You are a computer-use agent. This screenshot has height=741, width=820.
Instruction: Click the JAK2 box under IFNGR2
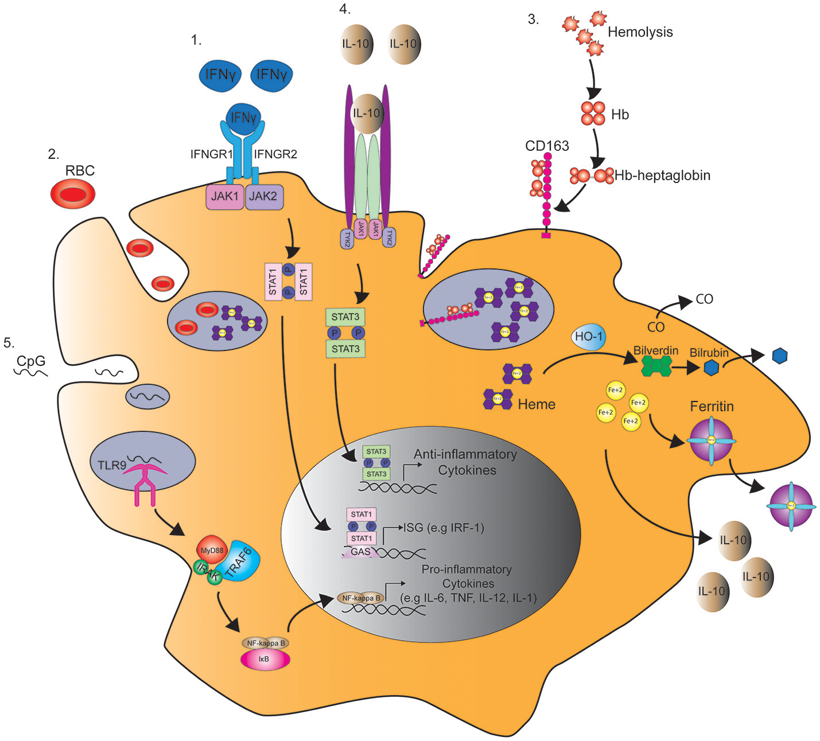[x=263, y=196]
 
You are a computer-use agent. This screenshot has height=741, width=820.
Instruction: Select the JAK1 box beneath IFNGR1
[x=225, y=196]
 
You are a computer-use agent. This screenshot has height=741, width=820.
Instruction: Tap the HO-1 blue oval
[x=589, y=337]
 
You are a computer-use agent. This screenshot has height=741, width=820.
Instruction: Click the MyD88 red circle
[x=212, y=551]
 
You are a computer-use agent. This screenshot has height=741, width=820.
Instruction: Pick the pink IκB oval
[x=265, y=660]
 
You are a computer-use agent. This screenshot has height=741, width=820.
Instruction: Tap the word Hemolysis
[x=640, y=32]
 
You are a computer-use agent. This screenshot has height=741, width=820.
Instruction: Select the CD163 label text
[x=547, y=146]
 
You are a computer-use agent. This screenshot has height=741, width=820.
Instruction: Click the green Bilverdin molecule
[x=656, y=365]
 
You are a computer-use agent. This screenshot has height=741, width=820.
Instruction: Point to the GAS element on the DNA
[x=360, y=552]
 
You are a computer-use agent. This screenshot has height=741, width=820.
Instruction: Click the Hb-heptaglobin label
[x=662, y=175]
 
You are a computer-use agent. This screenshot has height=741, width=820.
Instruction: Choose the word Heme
[x=537, y=404]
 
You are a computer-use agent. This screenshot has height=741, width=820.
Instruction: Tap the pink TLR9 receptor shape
[x=146, y=482]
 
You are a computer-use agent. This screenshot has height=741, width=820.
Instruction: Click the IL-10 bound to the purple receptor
[x=367, y=114]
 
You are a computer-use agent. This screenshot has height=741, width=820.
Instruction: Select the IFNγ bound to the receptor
[x=243, y=118]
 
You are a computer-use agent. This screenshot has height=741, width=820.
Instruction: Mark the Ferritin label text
[x=712, y=407]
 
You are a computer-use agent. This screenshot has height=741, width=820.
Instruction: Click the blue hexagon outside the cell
[x=779, y=356]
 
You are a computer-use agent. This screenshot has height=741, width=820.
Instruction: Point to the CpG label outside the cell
[x=31, y=361]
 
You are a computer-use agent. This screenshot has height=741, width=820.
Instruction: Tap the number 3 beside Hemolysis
[x=533, y=19]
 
